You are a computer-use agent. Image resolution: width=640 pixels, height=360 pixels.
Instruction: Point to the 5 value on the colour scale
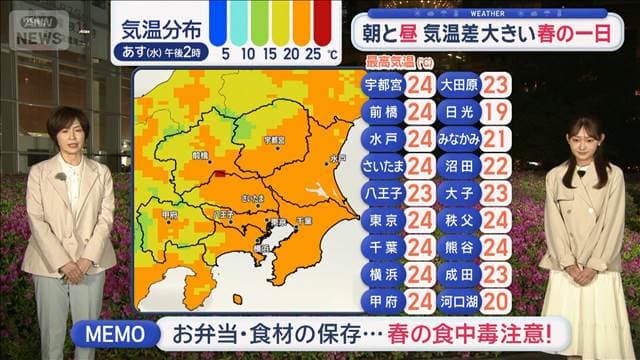tap(226, 51)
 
